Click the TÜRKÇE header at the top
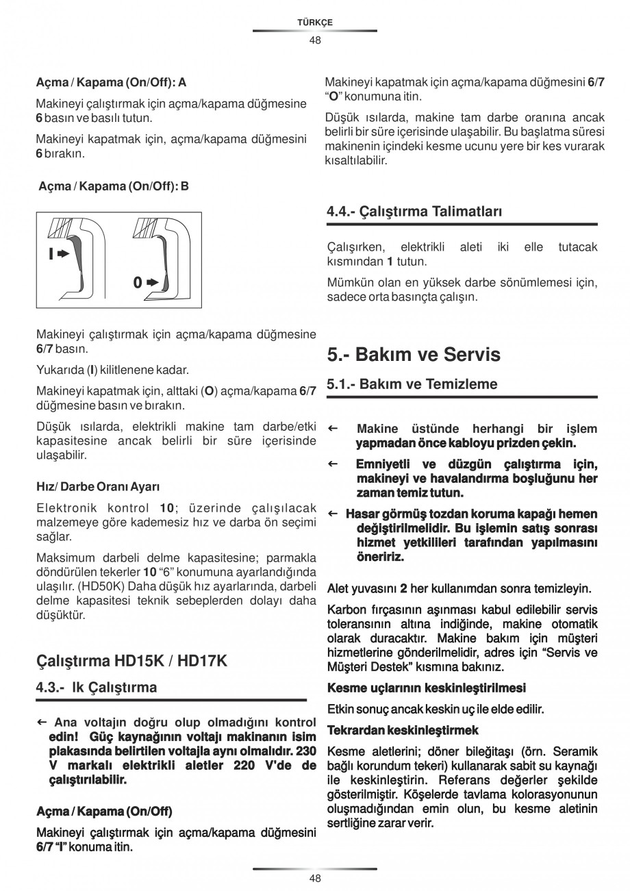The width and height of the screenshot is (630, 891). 314,23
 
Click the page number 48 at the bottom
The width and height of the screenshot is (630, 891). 314,878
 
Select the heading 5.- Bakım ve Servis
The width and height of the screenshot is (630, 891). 414,355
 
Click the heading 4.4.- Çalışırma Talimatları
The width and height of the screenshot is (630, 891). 414,212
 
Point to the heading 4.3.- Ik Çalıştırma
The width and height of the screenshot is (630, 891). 97,687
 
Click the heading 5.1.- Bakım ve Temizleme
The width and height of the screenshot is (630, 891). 412,384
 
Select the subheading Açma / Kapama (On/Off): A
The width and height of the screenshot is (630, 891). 111,82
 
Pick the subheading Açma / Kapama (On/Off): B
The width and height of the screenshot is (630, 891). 114,186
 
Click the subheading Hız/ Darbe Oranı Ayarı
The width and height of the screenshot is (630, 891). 97,487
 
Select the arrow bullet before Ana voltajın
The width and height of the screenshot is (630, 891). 41,722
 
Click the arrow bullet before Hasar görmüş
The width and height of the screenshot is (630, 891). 333,514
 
